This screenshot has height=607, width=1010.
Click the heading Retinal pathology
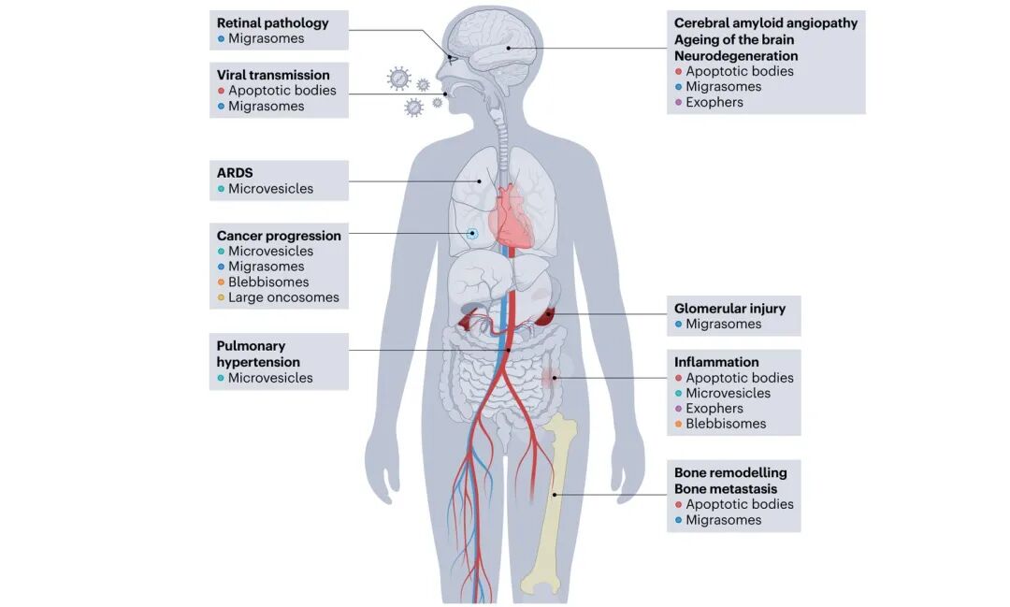point(272,22)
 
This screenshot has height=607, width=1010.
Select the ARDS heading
point(235,173)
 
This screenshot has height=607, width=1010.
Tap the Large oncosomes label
point(283,297)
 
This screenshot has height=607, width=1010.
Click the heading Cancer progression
point(279,235)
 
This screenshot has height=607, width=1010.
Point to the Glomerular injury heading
point(729,308)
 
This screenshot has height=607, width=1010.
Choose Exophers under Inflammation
point(714,408)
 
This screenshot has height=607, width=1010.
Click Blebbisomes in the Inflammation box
point(726,424)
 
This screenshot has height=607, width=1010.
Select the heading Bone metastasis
point(726,488)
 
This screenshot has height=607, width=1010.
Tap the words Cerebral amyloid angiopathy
point(766,23)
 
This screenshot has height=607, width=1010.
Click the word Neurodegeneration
point(736,56)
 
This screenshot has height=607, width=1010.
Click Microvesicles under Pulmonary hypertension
point(270,378)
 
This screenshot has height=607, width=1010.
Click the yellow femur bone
point(550,501)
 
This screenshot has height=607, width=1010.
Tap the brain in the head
point(493,44)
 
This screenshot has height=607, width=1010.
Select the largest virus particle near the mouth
point(398,79)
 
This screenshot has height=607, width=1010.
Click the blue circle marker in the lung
point(472,233)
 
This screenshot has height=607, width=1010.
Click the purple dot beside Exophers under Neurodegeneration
point(678,103)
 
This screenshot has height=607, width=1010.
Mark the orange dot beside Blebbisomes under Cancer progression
point(221,282)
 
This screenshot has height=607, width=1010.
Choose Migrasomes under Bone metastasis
point(723,519)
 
